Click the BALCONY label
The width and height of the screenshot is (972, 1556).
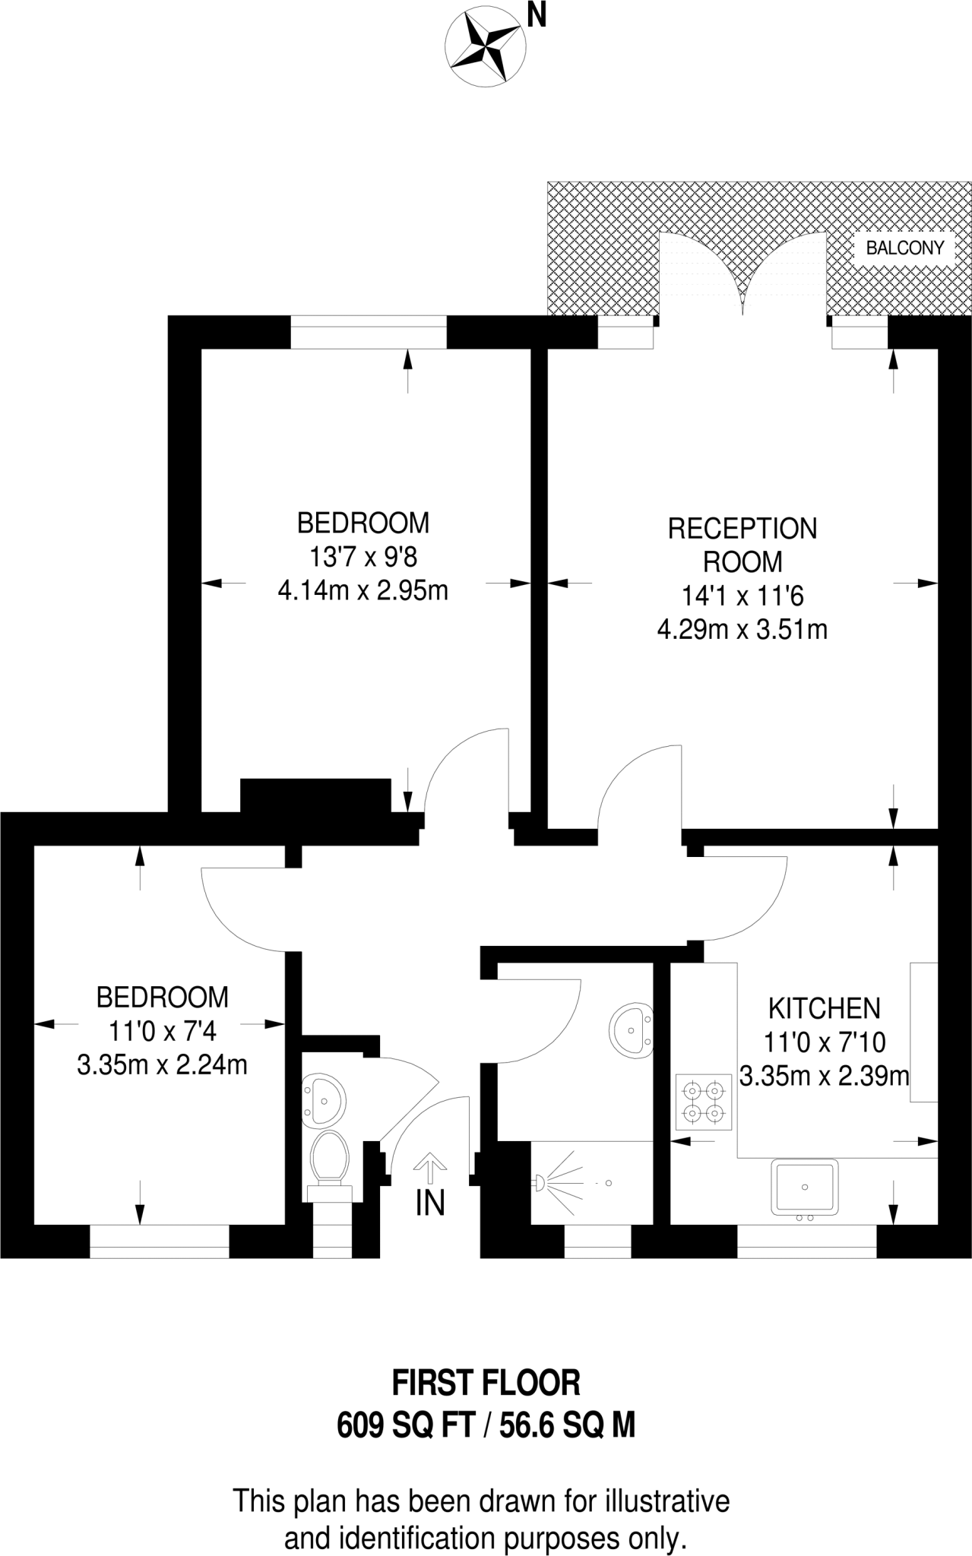(904, 248)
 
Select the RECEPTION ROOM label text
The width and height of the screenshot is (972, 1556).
(742, 545)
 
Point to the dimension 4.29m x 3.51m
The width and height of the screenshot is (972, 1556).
(742, 630)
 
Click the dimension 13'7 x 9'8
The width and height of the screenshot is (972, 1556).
(363, 558)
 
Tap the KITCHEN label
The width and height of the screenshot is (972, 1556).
(825, 1009)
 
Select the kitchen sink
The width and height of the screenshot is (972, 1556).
(805, 1187)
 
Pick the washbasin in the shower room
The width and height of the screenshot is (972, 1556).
(632, 1031)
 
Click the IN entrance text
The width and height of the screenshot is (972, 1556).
(430, 1203)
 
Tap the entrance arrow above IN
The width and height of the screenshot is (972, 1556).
(430, 1169)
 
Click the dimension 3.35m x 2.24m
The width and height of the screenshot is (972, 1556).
(162, 1065)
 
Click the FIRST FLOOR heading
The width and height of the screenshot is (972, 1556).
(486, 1384)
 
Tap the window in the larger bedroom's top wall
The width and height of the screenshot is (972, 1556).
(368, 333)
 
